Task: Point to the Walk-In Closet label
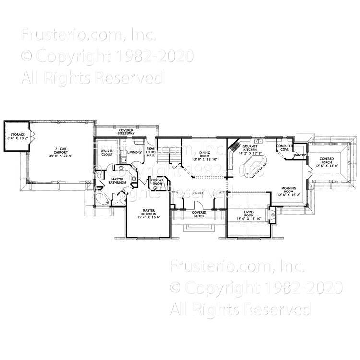pyautogui.click(x=107, y=154)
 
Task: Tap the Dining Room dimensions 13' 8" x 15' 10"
pyautogui.click(x=205, y=159)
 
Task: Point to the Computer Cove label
pyautogui.click(x=286, y=147)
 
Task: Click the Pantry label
pyautogui.click(x=300, y=155)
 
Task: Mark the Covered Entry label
pyautogui.click(x=199, y=214)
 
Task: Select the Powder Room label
pyautogui.click(x=157, y=183)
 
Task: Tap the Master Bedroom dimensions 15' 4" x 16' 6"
pyautogui.click(x=149, y=218)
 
